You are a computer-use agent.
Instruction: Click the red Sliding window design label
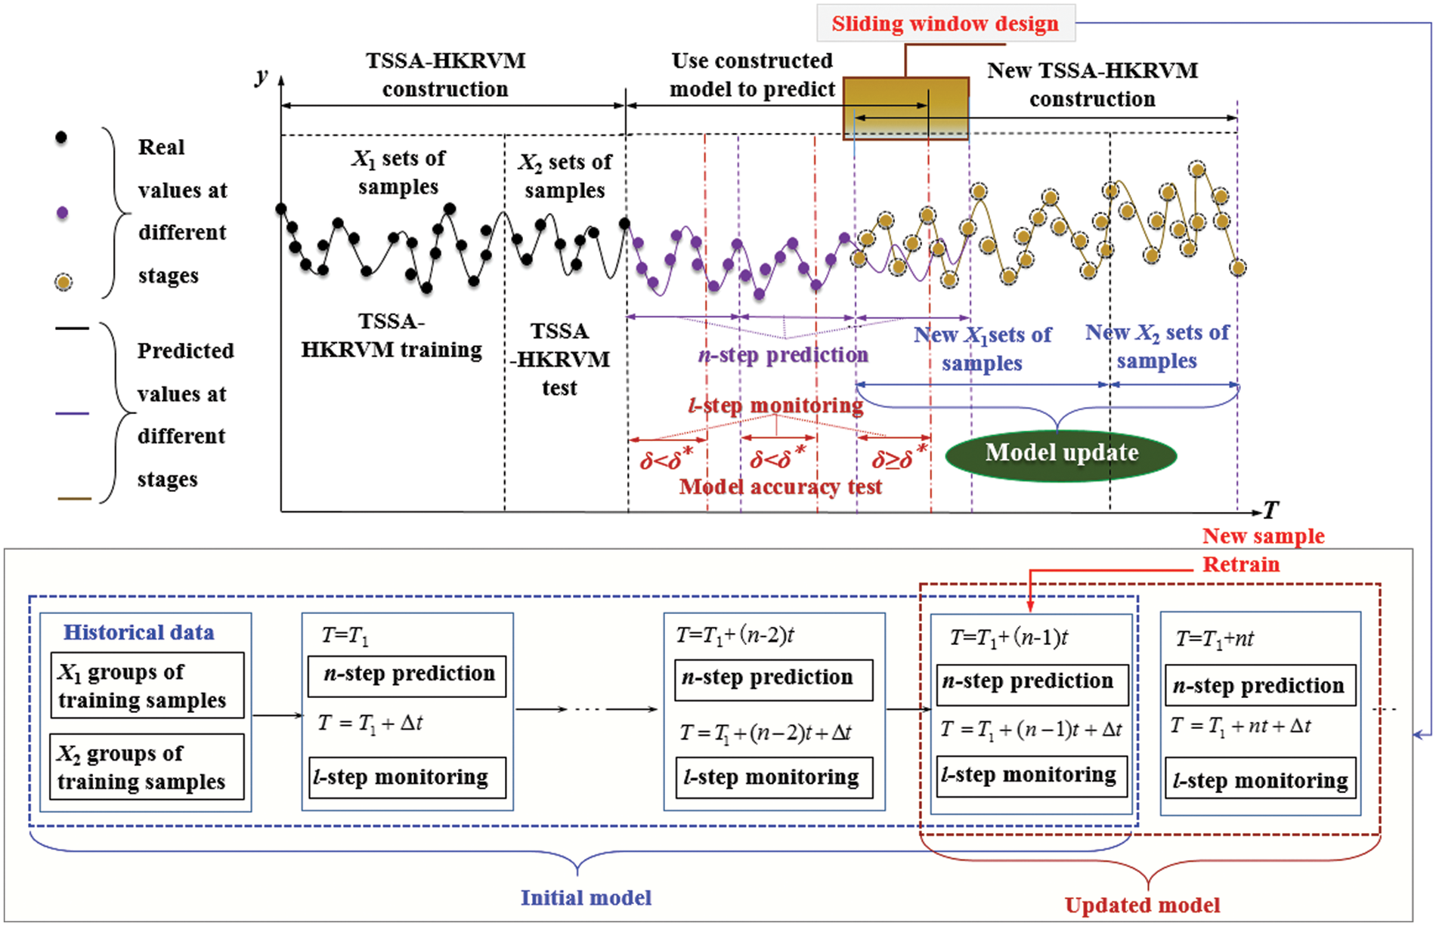(x=945, y=24)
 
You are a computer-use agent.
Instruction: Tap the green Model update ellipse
(x=1061, y=453)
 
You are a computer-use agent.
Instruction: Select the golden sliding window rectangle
(x=905, y=108)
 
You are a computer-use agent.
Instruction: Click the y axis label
(x=262, y=76)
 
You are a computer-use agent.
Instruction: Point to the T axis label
(x=1270, y=511)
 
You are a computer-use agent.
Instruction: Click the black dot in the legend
(x=61, y=137)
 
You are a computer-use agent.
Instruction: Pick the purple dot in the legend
(x=62, y=213)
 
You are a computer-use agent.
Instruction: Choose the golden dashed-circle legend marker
(x=63, y=282)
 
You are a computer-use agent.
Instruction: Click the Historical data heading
(x=138, y=632)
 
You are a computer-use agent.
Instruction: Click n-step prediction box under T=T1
(x=407, y=674)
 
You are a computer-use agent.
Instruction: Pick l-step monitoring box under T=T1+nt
(x=1260, y=779)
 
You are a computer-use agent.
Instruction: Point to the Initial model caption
(x=585, y=897)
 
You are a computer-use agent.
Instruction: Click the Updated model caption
(x=1142, y=905)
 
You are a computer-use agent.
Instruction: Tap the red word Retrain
(x=1240, y=564)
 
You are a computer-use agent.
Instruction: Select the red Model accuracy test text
(x=780, y=486)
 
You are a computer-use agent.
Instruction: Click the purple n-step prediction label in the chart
(x=783, y=355)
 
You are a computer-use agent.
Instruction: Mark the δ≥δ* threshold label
(x=898, y=458)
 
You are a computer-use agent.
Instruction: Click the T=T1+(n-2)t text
(x=735, y=635)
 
